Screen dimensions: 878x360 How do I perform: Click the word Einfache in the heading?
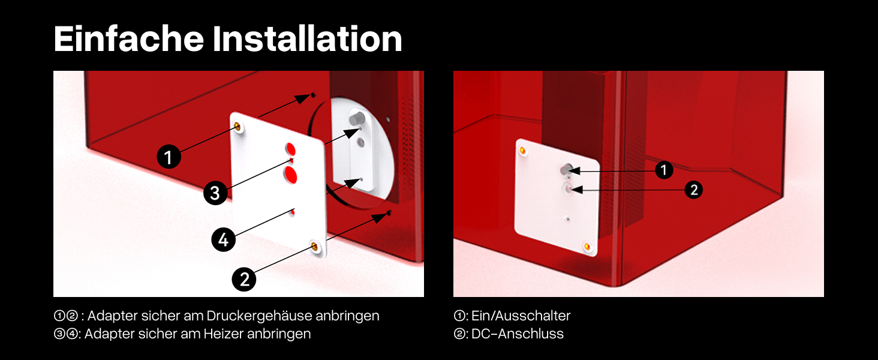[x=129, y=38]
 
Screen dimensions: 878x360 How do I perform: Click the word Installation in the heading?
[x=308, y=38]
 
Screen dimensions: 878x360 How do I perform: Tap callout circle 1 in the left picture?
[x=169, y=157]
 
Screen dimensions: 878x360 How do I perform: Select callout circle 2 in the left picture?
[x=244, y=279]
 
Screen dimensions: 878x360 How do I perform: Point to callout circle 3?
[x=215, y=193]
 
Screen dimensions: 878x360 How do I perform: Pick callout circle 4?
[x=224, y=239]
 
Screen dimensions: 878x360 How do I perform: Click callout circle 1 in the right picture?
[x=663, y=170]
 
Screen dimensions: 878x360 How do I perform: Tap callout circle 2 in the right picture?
[x=694, y=190]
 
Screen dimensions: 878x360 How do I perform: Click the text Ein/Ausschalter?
[x=521, y=316]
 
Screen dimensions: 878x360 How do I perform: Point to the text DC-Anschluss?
[x=518, y=334]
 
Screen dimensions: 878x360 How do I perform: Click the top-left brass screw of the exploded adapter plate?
[x=237, y=126]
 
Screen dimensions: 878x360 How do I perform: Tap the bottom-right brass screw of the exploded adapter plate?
[x=314, y=246]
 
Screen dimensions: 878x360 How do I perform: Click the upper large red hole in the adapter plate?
[x=290, y=149]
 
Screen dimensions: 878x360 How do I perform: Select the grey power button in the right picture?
[x=566, y=169]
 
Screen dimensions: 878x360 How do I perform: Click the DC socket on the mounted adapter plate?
[x=567, y=188]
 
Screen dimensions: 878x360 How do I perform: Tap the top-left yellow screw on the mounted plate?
[x=522, y=150]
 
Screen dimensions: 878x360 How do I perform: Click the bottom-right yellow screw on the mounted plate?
[x=587, y=246]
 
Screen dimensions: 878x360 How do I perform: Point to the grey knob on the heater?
[x=357, y=117]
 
